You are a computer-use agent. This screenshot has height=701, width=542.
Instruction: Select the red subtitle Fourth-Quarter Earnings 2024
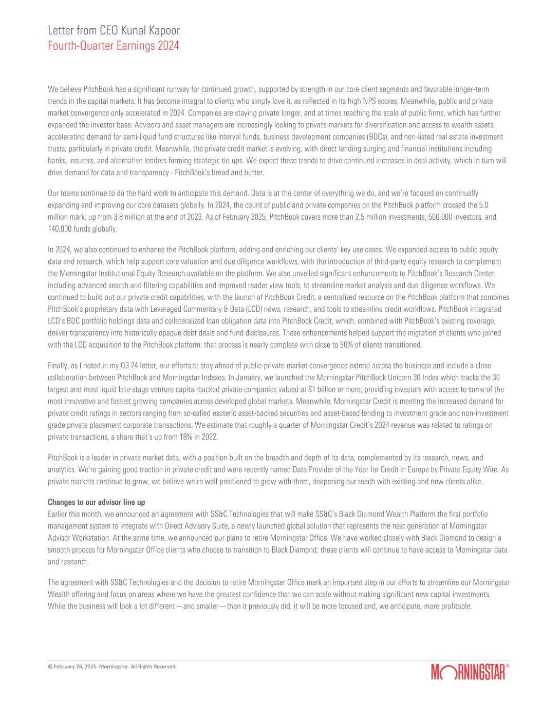click(x=113, y=46)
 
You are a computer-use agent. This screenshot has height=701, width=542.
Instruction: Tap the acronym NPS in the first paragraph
click(x=381, y=101)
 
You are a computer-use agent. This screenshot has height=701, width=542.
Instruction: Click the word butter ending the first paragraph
click(x=255, y=173)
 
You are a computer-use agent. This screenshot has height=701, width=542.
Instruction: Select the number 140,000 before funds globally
click(x=60, y=229)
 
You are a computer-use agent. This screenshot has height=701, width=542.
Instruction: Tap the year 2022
click(x=209, y=437)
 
